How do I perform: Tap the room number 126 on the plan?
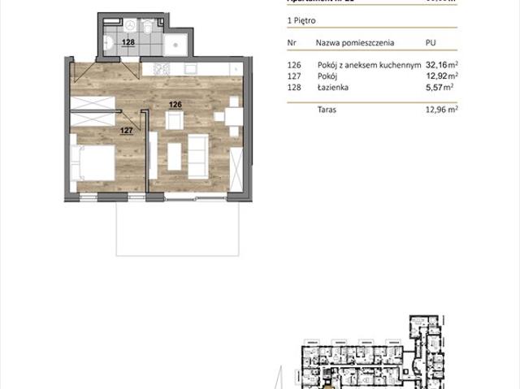click(x=175, y=104)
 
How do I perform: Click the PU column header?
click(x=431, y=40)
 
